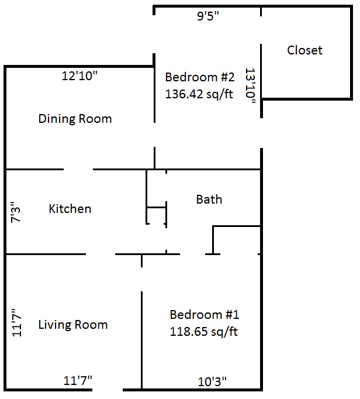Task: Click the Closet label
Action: pyautogui.click(x=304, y=50)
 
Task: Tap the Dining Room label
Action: pyautogui.click(x=75, y=119)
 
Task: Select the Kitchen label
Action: pyautogui.click(x=70, y=209)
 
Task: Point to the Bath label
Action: pyautogui.click(x=209, y=199)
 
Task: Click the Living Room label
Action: pyautogui.click(x=73, y=325)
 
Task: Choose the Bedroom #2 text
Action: pyautogui.click(x=199, y=77)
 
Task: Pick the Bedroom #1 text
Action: pyautogui.click(x=205, y=315)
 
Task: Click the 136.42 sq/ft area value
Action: pyautogui.click(x=199, y=94)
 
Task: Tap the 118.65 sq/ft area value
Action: pyautogui.click(x=203, y=332)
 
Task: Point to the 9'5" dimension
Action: pyautogui.click(x=207, y=16)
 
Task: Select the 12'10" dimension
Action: pyautogui.click(x=79, y=76)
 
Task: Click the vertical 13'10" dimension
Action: pyautogui.click(x=250, y=86)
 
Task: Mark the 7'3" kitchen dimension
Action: pyautogui.click(x=16, y=212)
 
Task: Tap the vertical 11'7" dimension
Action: pyautogui.click(x=18, y=323)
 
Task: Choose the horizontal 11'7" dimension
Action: pyautogui.click(x=78, y=380)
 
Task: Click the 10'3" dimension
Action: pyautogui.click(x=212, y=381)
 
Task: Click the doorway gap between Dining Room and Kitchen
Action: pyautogui.click(x=78, y=169)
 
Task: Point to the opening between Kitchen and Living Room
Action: pyautogui.click(x=101, y=254)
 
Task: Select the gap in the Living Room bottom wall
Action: pyautogui.click(x=108, y=390)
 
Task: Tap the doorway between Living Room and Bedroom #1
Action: pyautogui.click(x=141, y=280)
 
